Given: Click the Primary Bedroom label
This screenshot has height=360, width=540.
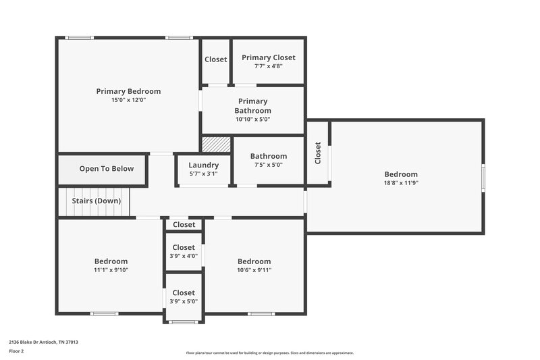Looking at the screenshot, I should click(128, 91).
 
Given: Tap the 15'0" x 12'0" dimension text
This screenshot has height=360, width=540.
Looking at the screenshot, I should click(128, 100).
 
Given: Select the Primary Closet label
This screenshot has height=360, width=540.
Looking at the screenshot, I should click(269, 58).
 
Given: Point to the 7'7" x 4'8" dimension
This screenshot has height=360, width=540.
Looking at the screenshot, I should click(269, 66).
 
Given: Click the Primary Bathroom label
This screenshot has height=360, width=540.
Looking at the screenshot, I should click(252, 106).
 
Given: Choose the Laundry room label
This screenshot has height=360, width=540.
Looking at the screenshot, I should click(203, 165).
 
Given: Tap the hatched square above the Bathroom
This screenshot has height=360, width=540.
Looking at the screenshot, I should click(217, 145).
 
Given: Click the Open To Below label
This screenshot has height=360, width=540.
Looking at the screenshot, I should click(107, 169).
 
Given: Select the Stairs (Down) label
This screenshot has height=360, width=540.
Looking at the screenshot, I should click(97, 201).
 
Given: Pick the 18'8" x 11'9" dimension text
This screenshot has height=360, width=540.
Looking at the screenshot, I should click(401, 182).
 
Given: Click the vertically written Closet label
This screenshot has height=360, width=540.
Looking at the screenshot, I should click(318, 153).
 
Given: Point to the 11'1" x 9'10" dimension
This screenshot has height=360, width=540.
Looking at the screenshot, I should click(111, 270).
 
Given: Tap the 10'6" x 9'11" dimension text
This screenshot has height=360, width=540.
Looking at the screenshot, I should click(254, 270).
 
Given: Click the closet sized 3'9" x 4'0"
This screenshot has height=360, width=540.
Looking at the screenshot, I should click(184, 252).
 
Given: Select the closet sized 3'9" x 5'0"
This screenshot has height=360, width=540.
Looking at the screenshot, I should click(184, 297).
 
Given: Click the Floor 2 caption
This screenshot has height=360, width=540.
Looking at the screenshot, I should click(17, 352).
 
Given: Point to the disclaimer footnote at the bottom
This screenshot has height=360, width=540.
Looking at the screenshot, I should click(269, 353).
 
